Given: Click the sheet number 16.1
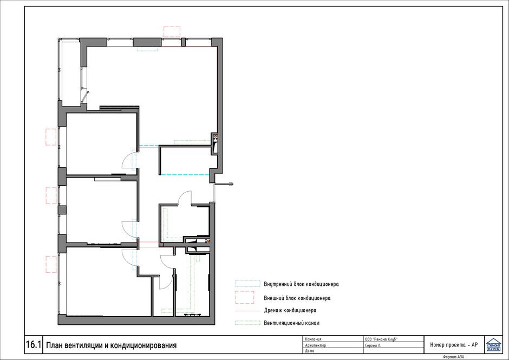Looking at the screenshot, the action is click(x=34, y=345).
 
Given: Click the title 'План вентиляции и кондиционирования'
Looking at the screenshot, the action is click(x=112, y=345).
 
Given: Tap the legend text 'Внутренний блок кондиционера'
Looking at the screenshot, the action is click(x=301, y=284).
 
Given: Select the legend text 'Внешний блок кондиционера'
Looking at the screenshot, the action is click(x=297, y=298).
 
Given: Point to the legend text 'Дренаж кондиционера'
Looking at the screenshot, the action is click(x=290, y=310).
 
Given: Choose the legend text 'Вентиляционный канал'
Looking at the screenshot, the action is click(x=291, y=323).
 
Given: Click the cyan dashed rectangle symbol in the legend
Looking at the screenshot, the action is click(x=247, y=284).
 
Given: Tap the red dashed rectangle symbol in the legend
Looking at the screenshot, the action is click(x=245, y=297).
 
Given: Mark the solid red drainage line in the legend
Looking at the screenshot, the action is click(x=247, y=311).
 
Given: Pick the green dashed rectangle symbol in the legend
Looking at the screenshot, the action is click(x=247, y=323).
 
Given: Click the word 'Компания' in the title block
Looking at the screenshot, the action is click(x=314, y=339).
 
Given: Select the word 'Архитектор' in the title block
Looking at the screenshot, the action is click(x=316, y=345).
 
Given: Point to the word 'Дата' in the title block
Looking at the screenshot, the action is click(x=310, y=351).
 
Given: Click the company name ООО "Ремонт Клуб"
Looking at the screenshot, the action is click(x=381, y=339).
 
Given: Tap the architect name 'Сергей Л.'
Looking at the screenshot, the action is click(x=373, y=345).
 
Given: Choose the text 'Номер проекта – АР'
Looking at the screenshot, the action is click(x=454, y=345).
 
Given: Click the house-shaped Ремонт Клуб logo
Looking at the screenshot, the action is click(x=493, y=344).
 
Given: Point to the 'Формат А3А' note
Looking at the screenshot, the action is click(x=453, y=357).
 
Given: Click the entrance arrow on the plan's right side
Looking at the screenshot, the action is click(x=224, y=185).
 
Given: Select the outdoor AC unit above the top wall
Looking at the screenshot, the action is click(x=172, y=32).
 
